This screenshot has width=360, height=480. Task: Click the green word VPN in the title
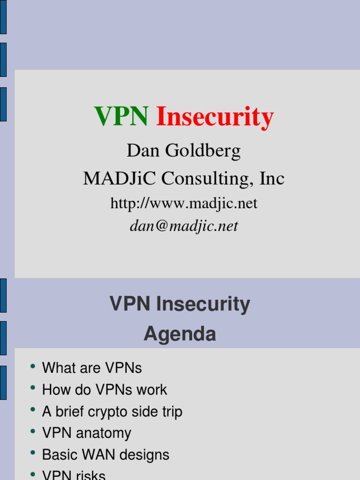(x=121, y=116)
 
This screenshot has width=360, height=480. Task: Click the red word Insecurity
(x=215, y=117)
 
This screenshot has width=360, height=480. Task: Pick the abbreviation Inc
(x=272, y=178)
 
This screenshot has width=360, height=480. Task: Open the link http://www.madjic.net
(x=184, y=203)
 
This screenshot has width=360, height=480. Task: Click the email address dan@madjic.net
(x=184, y=226)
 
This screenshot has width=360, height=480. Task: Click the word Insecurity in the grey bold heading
(x=203, y=304)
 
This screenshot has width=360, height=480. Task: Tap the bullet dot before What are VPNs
(x=33, y=366)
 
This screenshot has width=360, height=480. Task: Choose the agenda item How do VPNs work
(x=105, y=390)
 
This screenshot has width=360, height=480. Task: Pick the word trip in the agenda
(x=172, y=412)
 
